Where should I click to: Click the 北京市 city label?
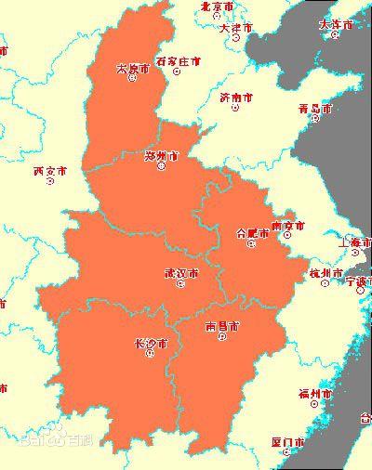pyautogui.click(x=217, y=7)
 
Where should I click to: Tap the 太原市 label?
pyautogui.click(x=131, y=68)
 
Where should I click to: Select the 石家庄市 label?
pyautogui.click(x=178, y=61)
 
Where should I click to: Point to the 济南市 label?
pyautogui.click(x=235, y=97)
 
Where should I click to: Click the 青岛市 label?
pyautogui.click(x=314, y=109)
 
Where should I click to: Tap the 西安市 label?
pyautogui.click(x=49, y=171)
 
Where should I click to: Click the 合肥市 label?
pyautogui.click(x=252, y=232)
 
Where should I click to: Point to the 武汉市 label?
pyautogui.click(x=180, y=273)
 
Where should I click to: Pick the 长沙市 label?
pyautogui.click(x=151, y=344)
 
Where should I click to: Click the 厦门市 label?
pyautogui.click(x=288, y=441)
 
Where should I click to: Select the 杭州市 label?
pyautogui.click(x=326, y=272)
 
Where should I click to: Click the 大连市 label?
pyautogui.click(x=336, y=24)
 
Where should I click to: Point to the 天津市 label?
pyautogui.click(x=236, y=29)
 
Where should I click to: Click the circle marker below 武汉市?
pyautogui.click(x=180, y=284)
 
